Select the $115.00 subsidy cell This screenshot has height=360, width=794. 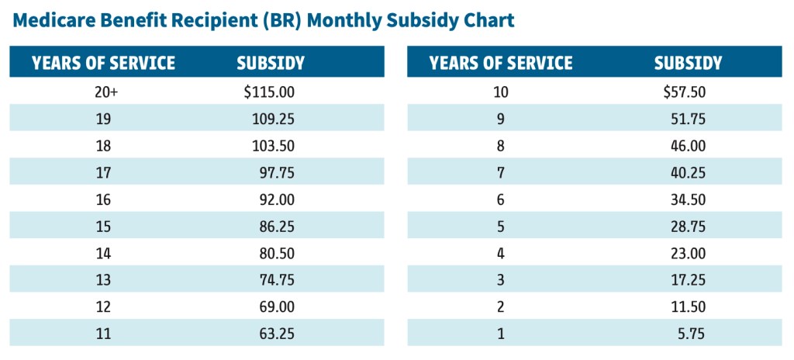pyautogui.click(x=269, y=92)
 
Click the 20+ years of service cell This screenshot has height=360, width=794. pyautogui.click(x=104, y=92)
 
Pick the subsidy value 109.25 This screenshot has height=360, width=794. pyautogui.click(x=275, y=119)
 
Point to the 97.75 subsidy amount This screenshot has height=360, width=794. pyautogui.click(x=277, y=173)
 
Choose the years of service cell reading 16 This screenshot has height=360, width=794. pyautogui.click(x=104, y=200)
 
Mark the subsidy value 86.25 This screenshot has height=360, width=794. pyautogui.click(x=277, y=227)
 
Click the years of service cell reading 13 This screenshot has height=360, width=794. pyautogui.click(x=104, y=280)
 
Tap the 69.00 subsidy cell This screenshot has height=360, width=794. pyautogui.click(x=277, y=307)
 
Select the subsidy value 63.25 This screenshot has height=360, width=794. pyautogui.click(x=277, y=334)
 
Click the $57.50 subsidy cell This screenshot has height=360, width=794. pyautogui.click(x=684, y=92)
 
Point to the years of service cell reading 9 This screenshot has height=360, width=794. pyautogui.click(x=501, y=119)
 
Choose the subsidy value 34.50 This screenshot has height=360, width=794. pyautogui.click(x=688, y=200)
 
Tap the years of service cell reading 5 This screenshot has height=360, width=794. pyautogui.click(x=501, y=227)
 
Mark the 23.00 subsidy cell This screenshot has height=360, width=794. pyautogui.click(x=688, y=254)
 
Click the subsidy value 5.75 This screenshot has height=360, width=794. pyautogui.click(x=691, y=334)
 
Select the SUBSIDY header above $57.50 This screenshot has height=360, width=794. pyautogui.click(x=688, y=63)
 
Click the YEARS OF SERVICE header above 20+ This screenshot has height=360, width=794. pyautogui.click(x=104, y=63)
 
